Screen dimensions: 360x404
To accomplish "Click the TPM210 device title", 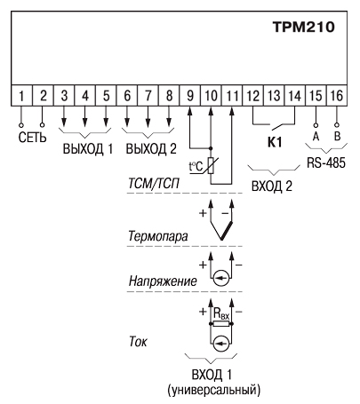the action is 304,27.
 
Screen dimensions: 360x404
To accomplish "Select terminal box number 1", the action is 21,96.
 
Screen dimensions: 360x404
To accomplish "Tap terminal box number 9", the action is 190,96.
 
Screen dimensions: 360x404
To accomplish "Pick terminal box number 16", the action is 337,96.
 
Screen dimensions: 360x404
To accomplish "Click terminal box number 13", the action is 274,96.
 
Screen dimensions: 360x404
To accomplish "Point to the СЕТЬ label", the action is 33,138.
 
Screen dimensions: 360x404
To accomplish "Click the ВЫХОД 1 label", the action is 88,149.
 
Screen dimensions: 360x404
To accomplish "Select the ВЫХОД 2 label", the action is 151,149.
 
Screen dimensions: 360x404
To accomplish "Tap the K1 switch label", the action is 275,142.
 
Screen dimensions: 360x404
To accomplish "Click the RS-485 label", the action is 326,162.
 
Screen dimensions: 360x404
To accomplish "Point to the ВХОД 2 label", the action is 272,186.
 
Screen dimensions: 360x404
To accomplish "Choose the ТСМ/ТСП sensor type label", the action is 154,184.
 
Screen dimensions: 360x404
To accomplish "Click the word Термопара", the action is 158,236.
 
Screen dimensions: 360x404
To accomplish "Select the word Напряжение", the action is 163,281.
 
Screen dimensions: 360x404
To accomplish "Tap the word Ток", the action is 138,342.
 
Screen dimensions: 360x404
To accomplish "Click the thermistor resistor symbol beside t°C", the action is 211,165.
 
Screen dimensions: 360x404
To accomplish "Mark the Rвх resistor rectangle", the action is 221,324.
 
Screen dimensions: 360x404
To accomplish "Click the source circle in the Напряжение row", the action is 221,278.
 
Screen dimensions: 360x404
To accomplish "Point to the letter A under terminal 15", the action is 316,137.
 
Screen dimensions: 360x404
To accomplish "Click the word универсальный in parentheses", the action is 213,390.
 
